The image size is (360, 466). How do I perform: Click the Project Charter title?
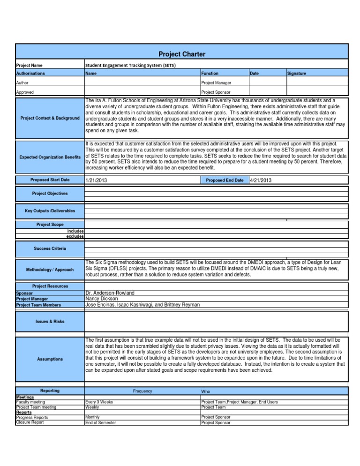[x=181, y=54]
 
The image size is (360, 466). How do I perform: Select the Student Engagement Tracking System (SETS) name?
[x=130, y=65]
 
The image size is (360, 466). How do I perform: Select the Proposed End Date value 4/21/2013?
[x=261, y=180]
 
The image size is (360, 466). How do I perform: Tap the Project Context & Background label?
[x=50, y=118]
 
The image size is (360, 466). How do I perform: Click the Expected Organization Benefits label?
[x=50, y=156]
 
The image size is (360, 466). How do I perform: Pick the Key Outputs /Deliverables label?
[x=50, y=211]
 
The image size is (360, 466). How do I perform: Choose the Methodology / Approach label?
[x=50, y=270]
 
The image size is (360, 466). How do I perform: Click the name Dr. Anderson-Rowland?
[x=110, y=293]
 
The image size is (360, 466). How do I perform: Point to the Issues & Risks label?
[x=50, y=322]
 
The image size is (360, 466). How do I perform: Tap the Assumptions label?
[x=50, y=359]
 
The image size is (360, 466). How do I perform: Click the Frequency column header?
[x=142, y=391]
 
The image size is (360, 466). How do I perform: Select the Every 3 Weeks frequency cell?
[x=100, y=402]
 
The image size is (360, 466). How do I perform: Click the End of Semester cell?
[x=101, y=422]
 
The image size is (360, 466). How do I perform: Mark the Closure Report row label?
[x=30, y=422]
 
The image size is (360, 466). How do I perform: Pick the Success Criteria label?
[x=50, y=248]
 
